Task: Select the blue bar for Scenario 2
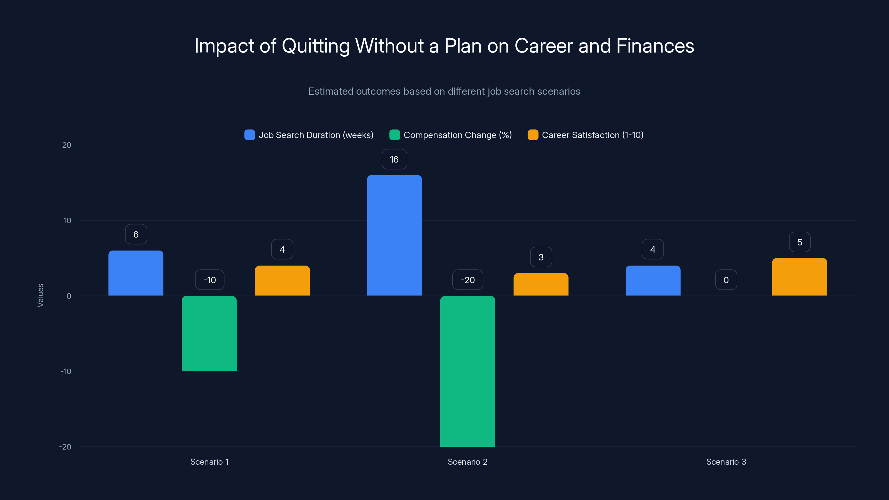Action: click(394, 235)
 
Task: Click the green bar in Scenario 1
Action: click(209, 333)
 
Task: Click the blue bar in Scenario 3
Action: click(653, 281)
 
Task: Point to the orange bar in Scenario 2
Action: click(541, 284)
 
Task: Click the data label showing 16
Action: click(394, 159)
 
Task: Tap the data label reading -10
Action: click(209, 280)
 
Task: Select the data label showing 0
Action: click(726, 280)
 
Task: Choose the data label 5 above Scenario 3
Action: click(799, 242)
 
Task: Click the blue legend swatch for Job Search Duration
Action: click(249, 135)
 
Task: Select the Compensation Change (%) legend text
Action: click(458, 135)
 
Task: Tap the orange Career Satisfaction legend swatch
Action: click(533, 135)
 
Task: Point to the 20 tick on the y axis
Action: click(67, 145)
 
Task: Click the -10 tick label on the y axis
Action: click(66, 371)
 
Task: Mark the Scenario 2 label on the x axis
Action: click(467, 462)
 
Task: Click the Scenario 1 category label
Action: click(209, 462)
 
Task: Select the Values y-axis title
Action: click(40, 295)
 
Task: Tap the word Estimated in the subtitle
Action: click(331, 91)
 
